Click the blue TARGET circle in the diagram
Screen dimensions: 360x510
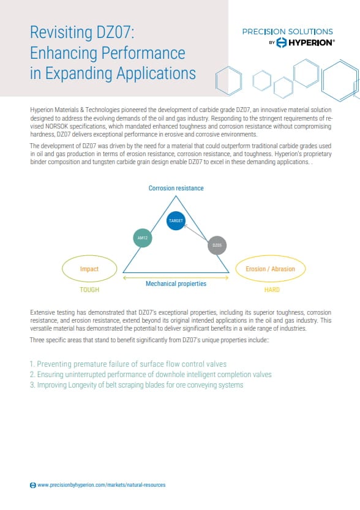point(176,221)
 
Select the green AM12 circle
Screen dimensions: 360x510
point(142,238)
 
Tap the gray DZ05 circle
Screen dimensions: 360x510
point(217,246)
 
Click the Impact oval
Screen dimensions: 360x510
point(89,269)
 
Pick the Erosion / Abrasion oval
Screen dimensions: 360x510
point(270,269)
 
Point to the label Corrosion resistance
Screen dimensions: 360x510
point(176,189)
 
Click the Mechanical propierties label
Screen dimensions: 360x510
point(176,284)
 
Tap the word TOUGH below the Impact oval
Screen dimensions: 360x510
point(89,290)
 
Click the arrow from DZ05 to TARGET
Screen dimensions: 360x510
point(197,233)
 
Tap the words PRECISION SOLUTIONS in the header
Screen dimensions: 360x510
point(288,31)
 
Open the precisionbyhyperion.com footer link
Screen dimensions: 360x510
point(101,485)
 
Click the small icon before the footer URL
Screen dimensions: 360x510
point(33,485)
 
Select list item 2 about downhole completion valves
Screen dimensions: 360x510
point(151,374)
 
